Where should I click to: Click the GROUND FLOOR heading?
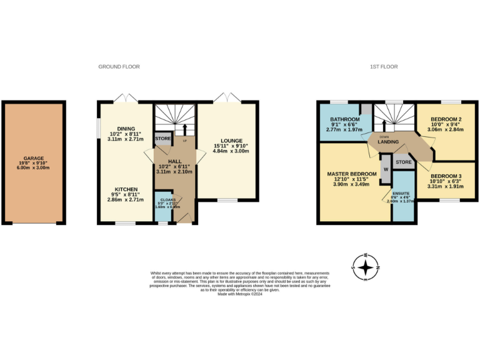pos(119,66)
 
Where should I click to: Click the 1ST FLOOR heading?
pos(384,66)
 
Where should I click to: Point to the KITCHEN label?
pos(126,189)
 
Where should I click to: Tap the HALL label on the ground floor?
pos(174,161)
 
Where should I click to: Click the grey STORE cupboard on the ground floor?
pos(162,138)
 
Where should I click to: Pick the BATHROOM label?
pos(345,119)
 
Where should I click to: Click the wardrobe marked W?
pos(385,169)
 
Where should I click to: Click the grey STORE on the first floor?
pos(403,162)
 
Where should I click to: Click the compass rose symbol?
pos(366,267)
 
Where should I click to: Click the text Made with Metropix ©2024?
pos(239,294)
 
